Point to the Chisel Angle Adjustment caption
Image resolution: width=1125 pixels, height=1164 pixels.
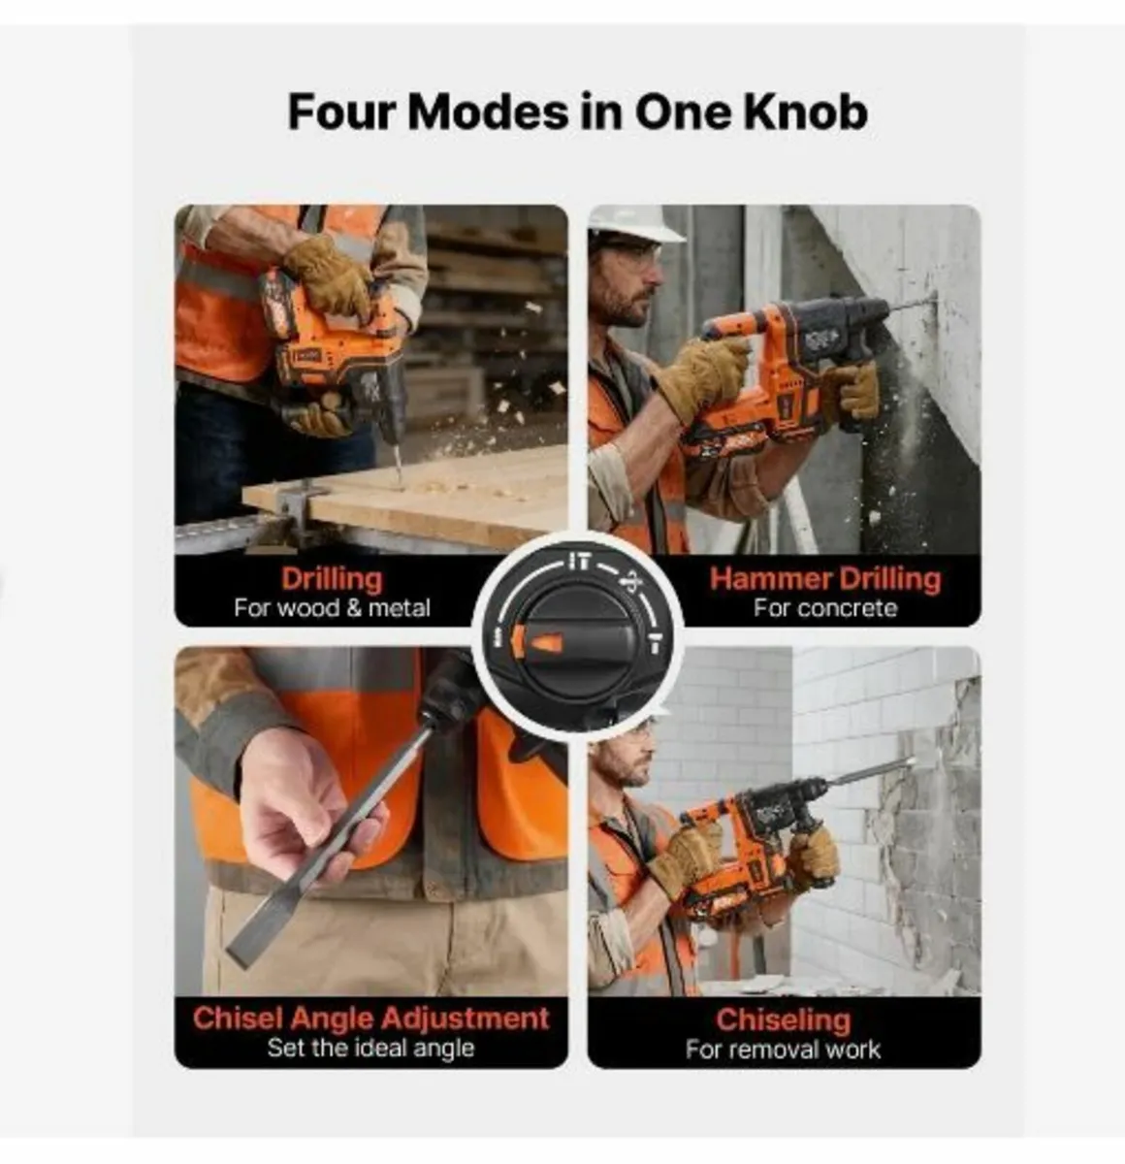tap(370, 1018)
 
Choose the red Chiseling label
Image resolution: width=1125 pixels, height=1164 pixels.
tap(783, 1018)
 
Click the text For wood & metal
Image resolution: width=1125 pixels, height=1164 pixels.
tap(332, 608)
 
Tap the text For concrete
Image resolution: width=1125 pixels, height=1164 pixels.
tap(825, 608)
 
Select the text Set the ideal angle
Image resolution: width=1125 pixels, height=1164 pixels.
tap(370, 1048)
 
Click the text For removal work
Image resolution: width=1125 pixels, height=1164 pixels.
tap(783, 1049)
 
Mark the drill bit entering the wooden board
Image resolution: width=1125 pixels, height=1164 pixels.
tap(395, 462)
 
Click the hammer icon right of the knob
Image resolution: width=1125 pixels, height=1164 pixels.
tap(655, 642)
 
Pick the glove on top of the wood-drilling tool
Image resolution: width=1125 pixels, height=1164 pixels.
tap(329, 273)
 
